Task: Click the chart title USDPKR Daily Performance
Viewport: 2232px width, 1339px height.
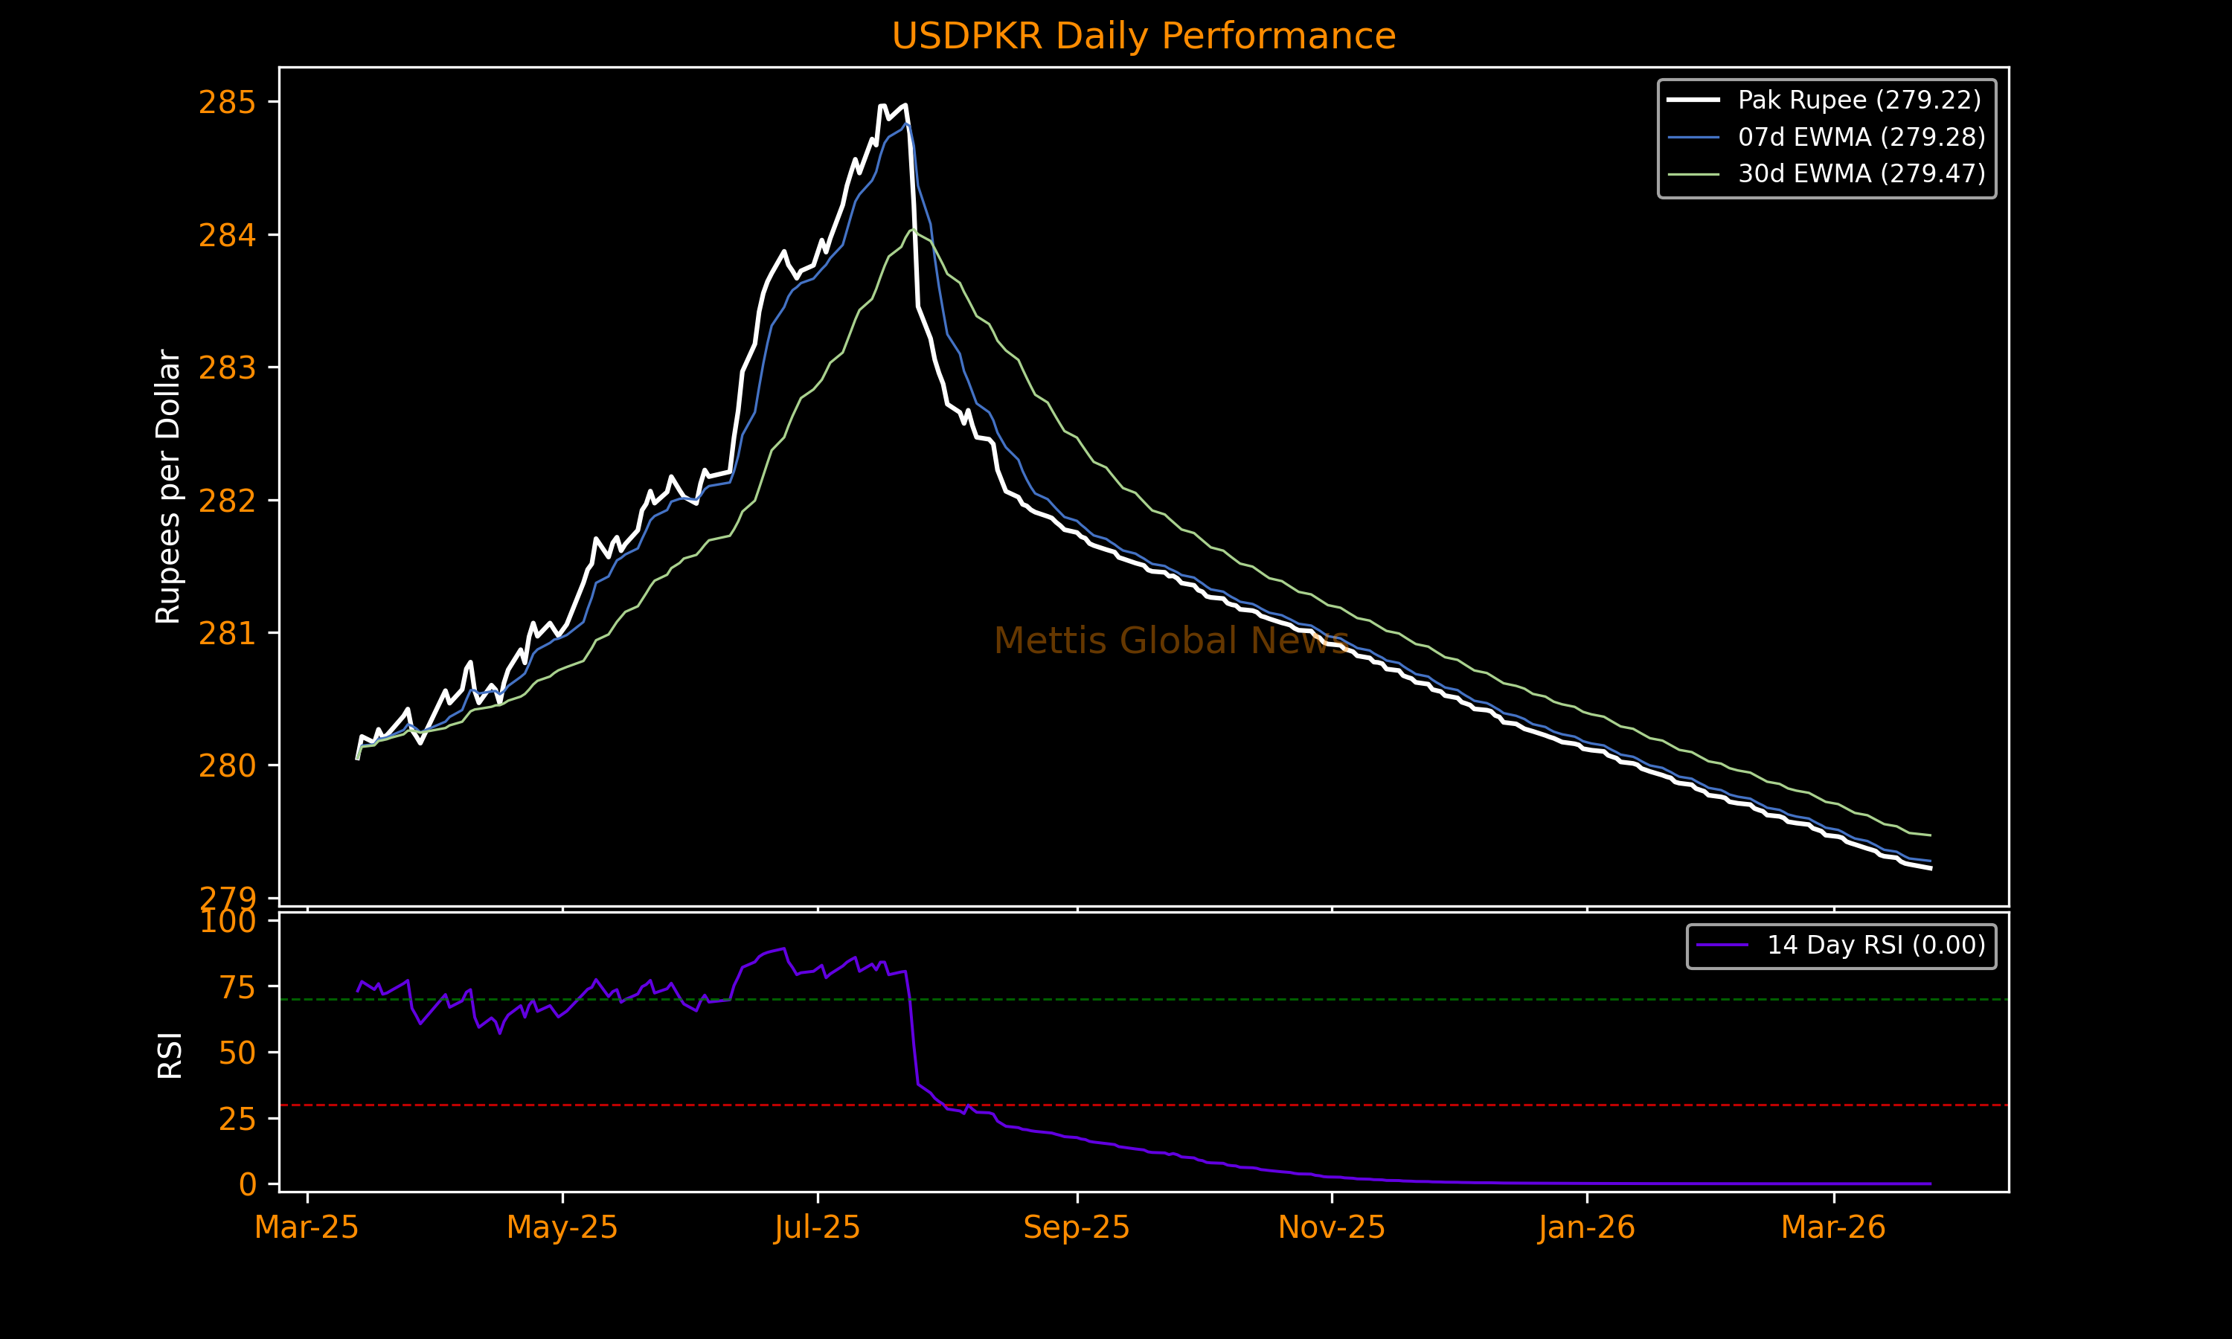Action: (x=1143, y=36)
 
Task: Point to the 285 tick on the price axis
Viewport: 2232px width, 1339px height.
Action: (x=228, y=103)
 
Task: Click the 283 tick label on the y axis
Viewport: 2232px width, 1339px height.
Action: (x=228, y=368)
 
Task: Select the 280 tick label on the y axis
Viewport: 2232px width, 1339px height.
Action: (x=228, y=766)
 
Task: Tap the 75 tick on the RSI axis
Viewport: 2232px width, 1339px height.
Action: (x=237, y=987)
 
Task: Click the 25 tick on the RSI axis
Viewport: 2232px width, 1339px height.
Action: (x=237, y=1119)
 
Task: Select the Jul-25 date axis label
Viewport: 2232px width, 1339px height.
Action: (x=818, y=1228)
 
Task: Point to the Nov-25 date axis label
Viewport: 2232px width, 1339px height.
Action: (x=1332, y=1228)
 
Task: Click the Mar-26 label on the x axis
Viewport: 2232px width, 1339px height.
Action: (x=1833, y=1228)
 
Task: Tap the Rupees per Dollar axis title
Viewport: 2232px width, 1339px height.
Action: (x=169, y=487)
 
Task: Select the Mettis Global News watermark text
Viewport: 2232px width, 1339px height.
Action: (x=1171, y=640)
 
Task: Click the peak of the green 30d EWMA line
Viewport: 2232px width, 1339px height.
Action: (x=913, y=229)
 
